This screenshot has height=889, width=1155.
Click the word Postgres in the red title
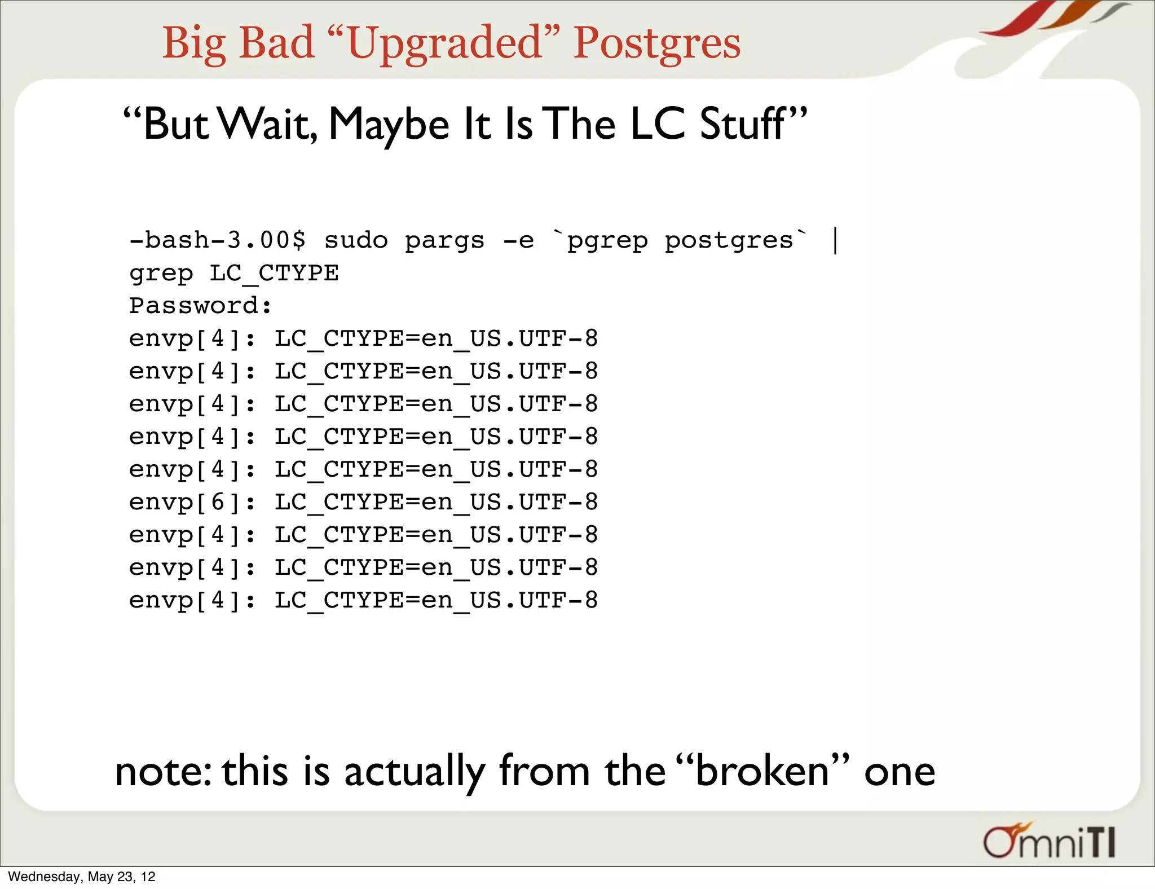click(x=656, y=43)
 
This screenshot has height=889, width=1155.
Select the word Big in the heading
click(x=194, y=43)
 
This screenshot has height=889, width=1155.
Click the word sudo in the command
click(x=356, y=241)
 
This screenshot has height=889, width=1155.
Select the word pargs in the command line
click(x=444, y=241)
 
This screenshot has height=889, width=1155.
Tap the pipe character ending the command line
click(x=835, y=241)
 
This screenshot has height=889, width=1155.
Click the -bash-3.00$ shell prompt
click(x=217, y=241)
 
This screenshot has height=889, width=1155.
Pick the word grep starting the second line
click(x=161, y=274)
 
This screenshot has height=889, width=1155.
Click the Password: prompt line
click(x=200, y=306)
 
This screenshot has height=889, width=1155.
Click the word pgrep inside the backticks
click(x=607, y=241)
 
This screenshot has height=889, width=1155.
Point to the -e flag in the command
click(x=518, y=241)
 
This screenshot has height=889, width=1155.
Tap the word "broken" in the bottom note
click(x=761, y=771)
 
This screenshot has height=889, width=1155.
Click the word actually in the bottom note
click(x=415, y=771)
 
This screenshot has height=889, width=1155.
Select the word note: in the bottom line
click(x=163, y=771)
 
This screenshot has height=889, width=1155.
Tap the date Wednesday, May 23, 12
click(x=82, y=877)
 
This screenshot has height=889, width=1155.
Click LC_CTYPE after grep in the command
click(x=274, y=274)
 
